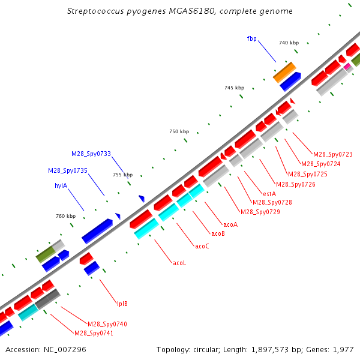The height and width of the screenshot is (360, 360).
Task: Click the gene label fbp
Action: click(x=251, y=38)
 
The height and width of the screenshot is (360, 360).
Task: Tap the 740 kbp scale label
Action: click(x=289, y=43)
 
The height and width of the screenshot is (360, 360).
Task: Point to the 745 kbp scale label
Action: click(x=234, y=88)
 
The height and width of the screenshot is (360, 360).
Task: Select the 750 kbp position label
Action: click(x=179, y=131)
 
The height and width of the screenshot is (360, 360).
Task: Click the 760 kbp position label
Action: click(x=65, y=216)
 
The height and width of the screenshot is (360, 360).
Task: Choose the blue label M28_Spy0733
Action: click(x=91, y=154)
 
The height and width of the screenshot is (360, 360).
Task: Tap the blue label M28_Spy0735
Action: click(x=68, y=170)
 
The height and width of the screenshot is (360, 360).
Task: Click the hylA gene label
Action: click(x=61, y=185)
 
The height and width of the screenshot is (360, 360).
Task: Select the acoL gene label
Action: click(x=179, y=263)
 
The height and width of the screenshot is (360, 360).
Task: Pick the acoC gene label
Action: click(x=202, y=246)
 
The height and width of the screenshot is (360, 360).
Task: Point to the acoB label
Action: click(x=218, y=233)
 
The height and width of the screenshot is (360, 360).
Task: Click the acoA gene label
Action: click(x=230, y=224)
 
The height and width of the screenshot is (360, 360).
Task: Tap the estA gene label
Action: click(x=269, y=194)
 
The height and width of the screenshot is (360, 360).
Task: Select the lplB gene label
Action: click(x=122, y=304)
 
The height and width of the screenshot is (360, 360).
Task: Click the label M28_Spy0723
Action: click(x=332, y=154)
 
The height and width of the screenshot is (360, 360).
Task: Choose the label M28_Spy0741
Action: click(x=94, y=333)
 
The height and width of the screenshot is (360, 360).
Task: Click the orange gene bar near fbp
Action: click(x=284, y=73)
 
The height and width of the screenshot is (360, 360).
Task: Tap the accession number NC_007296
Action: click(x=65, y=350)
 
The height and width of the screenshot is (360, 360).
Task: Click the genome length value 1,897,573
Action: click(x=269, y=350)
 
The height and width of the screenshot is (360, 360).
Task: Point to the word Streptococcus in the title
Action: click(x=95, y=11)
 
